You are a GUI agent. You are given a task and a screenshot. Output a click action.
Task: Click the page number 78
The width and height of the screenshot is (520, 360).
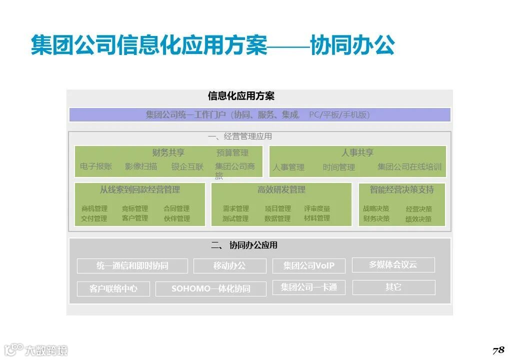tap(498, 349)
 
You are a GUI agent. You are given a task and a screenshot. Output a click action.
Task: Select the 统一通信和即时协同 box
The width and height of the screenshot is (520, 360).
tap(132, 266)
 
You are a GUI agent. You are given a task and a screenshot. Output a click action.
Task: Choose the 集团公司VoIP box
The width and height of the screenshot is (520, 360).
tap(308, 266)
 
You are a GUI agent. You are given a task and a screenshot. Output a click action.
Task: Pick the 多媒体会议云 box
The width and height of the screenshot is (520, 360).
tap(393, 265)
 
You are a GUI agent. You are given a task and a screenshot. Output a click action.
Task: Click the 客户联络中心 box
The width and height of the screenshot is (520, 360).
tap(113, 289)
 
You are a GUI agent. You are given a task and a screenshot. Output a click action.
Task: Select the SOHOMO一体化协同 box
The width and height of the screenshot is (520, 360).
tap(211, 289)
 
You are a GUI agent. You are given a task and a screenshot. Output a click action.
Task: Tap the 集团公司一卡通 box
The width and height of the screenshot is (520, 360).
tap(308, 287)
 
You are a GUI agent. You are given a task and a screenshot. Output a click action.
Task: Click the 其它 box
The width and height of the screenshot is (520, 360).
tap(393, 287)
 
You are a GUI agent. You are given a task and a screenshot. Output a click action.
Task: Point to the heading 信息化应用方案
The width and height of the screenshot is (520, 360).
tap(241, 96)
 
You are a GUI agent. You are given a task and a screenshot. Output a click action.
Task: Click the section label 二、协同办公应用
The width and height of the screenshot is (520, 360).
tap(244, 245)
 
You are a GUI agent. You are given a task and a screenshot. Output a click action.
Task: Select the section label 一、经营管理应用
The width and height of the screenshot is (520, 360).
tap(240, 136)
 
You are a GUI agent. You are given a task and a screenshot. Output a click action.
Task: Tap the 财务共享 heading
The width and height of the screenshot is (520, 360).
tap(168, 152)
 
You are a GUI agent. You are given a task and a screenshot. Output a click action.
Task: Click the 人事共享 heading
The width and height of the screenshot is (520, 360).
tap(357, 152)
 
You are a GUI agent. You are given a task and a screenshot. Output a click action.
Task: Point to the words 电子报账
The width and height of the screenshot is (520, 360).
tap(96, 166)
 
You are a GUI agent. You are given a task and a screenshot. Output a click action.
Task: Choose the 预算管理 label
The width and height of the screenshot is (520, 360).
tap(232, 153)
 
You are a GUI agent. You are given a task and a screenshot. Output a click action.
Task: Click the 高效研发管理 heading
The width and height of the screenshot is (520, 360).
tap(281, 190)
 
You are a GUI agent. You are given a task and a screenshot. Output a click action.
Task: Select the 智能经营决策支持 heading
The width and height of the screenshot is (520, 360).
tap(401, 190)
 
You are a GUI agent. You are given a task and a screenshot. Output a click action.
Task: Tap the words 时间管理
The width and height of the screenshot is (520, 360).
tap(338, 167)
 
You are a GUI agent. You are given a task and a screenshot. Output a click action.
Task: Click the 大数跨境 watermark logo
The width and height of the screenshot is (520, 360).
tap(36, 349)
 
